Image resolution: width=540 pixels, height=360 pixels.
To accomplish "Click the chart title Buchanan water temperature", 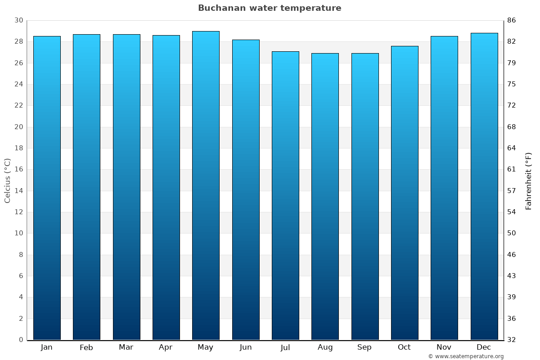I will click(x=270, y=8).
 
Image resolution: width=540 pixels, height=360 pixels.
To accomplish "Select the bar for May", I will click(x=206, y=185).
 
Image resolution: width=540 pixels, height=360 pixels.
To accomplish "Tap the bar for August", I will click(x=325, y=196).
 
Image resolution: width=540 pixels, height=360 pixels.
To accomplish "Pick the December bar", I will click(x=484, y=186).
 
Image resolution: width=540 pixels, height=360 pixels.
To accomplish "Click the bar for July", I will click(x=285, y=195).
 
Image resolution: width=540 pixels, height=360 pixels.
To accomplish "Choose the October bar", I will click(x=405, y=193).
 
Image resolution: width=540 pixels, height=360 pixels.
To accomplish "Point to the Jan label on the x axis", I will click(x=47, y=347).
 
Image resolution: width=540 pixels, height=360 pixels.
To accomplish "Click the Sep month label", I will click(x=364, y=347).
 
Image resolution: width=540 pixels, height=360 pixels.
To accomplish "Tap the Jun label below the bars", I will click(x=246, y=347).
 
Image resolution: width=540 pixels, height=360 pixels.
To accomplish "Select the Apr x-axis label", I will click(x=166, y=347).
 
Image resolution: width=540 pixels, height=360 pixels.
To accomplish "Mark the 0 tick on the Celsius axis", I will click(x=21, y=340).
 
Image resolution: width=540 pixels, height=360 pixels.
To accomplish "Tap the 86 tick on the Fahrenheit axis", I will click(x=512, y=21).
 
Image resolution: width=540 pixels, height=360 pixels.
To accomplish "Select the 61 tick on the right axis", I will click(x=512, y=170).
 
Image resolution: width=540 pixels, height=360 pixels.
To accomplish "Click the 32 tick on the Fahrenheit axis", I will click(x=512, y=340).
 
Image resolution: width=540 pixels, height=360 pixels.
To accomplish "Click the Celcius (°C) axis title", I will click(x=8, y=180).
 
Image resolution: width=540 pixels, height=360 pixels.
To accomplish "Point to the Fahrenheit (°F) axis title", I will click(x=528, y=180).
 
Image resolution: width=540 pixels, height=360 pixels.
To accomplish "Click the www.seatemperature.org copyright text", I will click(x=466, y=356).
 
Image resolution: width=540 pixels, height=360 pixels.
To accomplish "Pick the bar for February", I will click(x=86, y=187).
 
